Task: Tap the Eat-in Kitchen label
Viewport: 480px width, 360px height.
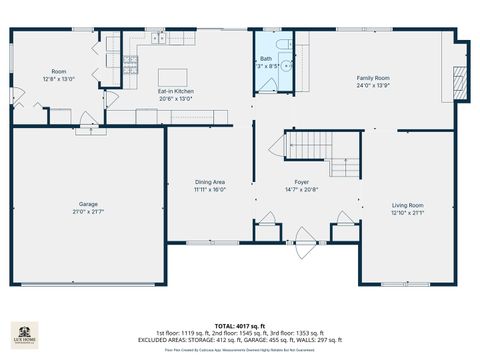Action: (x=176, y=91)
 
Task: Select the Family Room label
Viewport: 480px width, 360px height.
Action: (x=374, y=77)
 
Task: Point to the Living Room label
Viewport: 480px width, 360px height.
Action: (x=407, y=205)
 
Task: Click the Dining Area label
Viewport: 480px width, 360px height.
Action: (x=210, y=181)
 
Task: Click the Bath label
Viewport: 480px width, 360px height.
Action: (x=266, y=59)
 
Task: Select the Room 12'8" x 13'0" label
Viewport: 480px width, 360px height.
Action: (x=59, y=71)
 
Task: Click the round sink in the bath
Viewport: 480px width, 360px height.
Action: (x=285, y=66)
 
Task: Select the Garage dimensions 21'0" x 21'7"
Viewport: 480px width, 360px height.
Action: (x=87, y=211)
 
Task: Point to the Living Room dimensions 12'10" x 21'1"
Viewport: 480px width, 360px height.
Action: (x=407, y=212)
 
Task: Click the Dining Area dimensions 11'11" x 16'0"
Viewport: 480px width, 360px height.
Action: (x=210, y=188)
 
